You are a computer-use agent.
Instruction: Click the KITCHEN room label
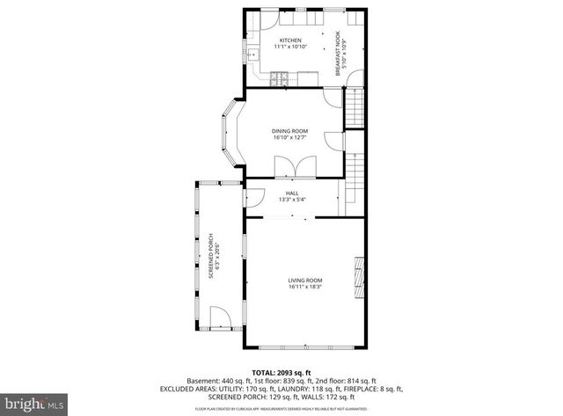290,40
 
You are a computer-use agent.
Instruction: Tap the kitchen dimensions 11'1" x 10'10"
290,47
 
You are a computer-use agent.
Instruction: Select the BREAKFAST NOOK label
336,52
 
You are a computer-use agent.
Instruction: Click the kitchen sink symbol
252,55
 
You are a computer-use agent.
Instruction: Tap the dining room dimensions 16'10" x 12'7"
289,137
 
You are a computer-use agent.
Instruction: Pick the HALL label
291,193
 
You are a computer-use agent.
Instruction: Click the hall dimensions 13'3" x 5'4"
291,200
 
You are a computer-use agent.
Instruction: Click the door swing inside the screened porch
221,317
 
